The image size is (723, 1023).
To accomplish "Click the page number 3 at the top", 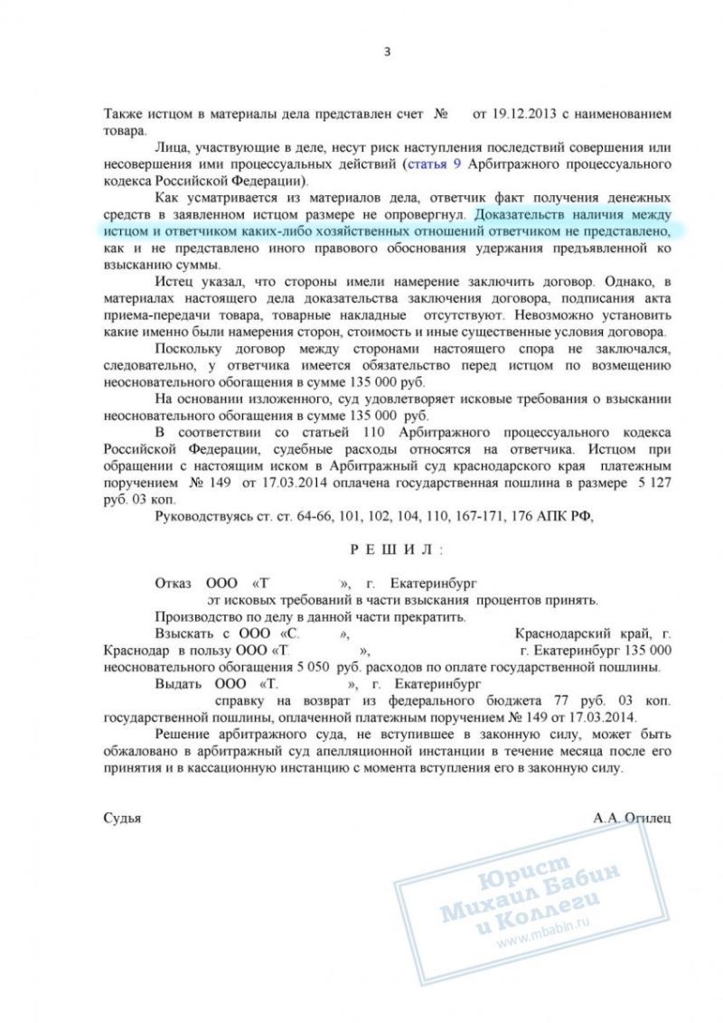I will coord(387,52).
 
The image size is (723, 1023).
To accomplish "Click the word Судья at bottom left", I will coord(123,817).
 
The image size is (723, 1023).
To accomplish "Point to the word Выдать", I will coord(178,684).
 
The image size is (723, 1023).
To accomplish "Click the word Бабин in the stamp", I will coord(589,873).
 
